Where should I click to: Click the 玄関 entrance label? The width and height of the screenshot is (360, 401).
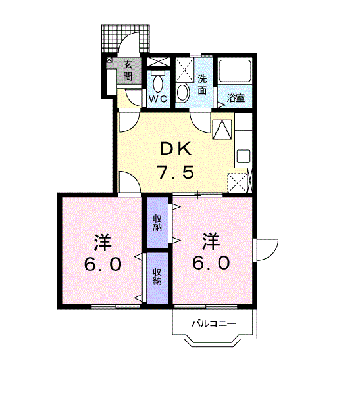(x=128, y=70)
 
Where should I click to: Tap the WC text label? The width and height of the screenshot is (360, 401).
(x=158, y=99)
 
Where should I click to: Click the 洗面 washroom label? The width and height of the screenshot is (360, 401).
(x=202, y=84)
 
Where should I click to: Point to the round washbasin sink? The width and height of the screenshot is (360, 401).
(x=182, y=92)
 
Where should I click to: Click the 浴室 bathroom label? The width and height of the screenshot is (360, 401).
(x=236, y=98)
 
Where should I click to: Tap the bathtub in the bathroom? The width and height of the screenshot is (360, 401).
(x=234, y=71)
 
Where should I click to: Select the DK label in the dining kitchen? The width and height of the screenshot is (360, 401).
(x=176, y=149)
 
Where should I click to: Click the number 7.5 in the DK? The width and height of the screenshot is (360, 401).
(x=176, y=172)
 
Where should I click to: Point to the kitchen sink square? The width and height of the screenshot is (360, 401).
(x=243, y=156)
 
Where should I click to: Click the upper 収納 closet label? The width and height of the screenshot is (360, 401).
(x=157, y=224)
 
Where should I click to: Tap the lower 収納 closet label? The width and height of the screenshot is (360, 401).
(x=157, y=276)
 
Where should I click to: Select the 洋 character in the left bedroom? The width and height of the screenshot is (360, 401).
(x=103, y=242)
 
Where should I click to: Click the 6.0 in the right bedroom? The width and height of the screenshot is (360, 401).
(x=211, y=264)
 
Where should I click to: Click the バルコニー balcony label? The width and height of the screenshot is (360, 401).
(x=214, y=324)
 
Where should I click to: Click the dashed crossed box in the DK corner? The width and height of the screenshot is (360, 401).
(x=238, y=183)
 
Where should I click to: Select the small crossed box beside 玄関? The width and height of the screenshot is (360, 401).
(x=109, y=60)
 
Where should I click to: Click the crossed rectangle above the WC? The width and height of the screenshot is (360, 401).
(x=158, y=62)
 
